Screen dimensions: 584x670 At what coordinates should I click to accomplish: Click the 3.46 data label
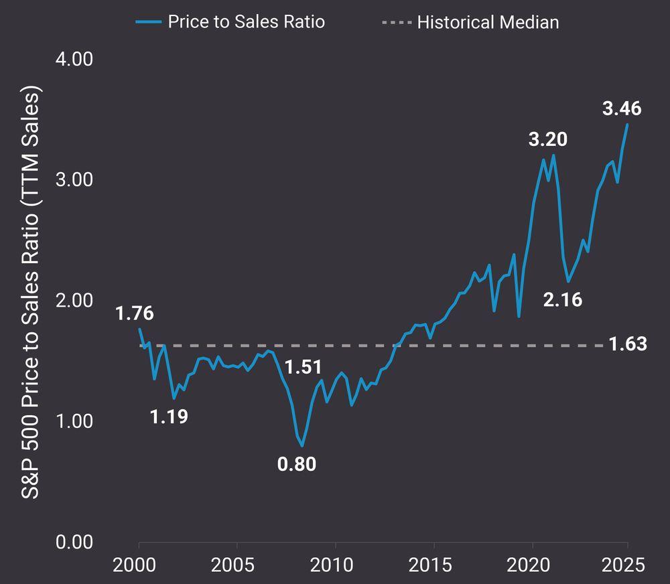coord(621,108)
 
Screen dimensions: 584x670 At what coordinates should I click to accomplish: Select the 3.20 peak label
coord(547,139)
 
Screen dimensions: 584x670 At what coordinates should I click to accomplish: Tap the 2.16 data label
coord(562,300)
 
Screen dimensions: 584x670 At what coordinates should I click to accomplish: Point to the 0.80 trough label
coord(296,463)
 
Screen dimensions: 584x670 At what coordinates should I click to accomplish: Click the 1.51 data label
coord(303,367)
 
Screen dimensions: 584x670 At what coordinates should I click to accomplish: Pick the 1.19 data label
coord(169,417)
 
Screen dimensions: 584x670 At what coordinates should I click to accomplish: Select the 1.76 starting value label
coord(134,313)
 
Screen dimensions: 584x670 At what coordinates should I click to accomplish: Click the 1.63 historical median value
coord(628,344)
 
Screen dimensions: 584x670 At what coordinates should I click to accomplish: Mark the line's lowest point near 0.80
coord(302,446)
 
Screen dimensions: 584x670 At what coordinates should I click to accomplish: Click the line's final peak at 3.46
coord(627,125)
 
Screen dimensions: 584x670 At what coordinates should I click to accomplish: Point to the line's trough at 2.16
coord(568,281)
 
